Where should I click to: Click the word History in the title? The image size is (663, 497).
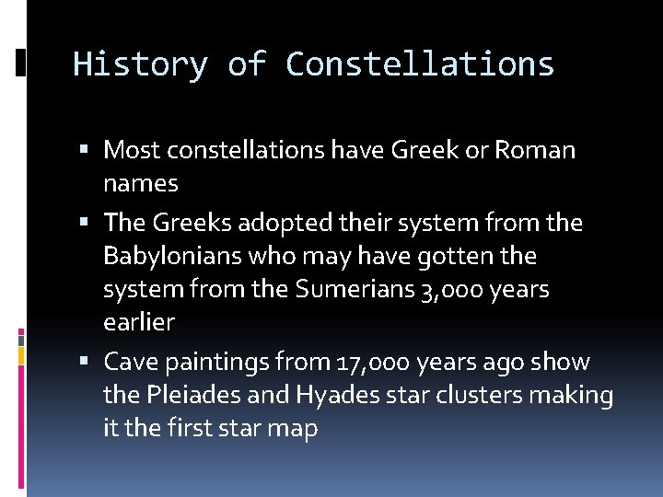(139, 64)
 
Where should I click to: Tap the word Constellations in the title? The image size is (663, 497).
(420, 64)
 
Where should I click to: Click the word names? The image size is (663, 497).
(141, 183)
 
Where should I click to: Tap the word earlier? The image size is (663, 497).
(139, 323)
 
